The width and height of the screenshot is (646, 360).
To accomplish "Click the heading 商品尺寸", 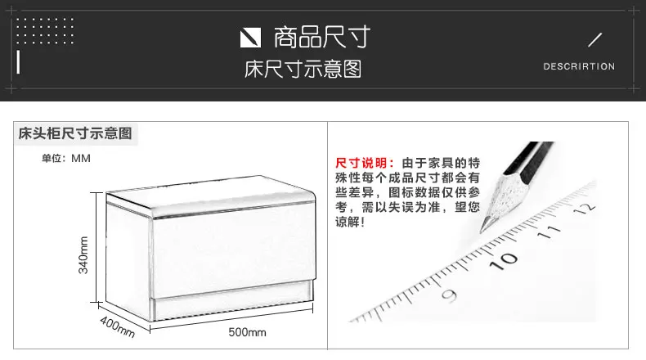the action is (321, 37).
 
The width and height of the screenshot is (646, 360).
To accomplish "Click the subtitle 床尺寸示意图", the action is (303, 70).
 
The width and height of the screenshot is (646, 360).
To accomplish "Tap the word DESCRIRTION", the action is (578, 66).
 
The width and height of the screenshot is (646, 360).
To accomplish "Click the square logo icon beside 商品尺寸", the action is (249, 38).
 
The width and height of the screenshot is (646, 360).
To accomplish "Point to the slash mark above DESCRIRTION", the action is (594, 39).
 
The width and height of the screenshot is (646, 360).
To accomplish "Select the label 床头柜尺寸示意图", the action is (75, 133).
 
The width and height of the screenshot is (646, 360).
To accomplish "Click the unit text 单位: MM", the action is (65, 158).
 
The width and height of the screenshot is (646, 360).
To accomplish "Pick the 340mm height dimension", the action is (83, 254).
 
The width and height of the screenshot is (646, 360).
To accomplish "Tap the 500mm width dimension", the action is (247, 332).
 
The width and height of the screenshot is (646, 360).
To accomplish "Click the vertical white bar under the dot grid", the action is (18, 61).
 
